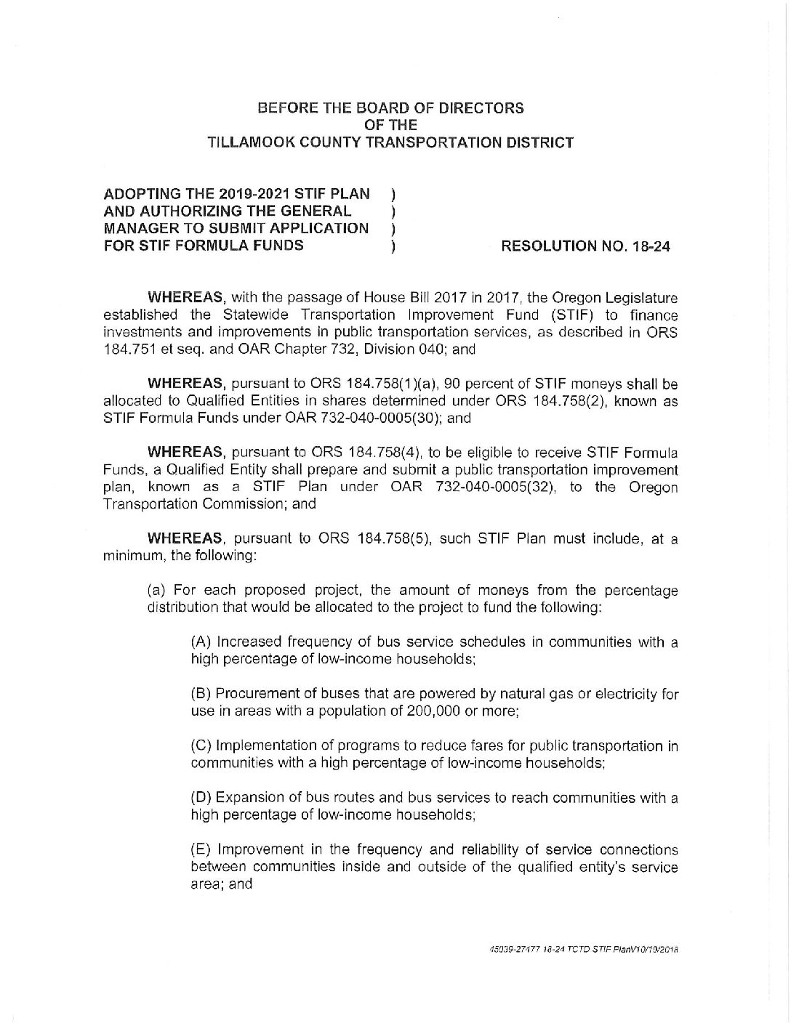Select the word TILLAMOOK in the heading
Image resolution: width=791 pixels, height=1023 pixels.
246,142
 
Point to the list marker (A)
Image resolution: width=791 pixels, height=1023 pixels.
201,642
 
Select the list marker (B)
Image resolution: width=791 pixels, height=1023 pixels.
201,694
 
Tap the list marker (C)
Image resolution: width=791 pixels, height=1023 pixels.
201,746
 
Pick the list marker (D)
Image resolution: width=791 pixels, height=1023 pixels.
201,798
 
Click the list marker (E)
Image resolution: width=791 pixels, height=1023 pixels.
201,850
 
